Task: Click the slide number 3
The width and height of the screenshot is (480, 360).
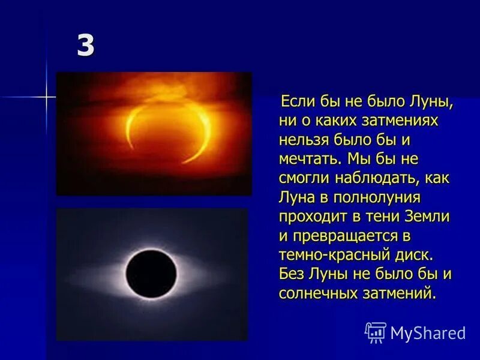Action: (86, 47)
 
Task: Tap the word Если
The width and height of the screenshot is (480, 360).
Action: (298, 101)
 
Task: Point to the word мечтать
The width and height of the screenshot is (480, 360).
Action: (308, 159)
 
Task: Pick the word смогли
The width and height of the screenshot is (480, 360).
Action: (304, 178)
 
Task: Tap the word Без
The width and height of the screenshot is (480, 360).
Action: (292, 274)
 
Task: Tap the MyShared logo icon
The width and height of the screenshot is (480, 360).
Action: (376, 332)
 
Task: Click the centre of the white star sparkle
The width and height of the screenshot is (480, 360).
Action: (46, 95)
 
